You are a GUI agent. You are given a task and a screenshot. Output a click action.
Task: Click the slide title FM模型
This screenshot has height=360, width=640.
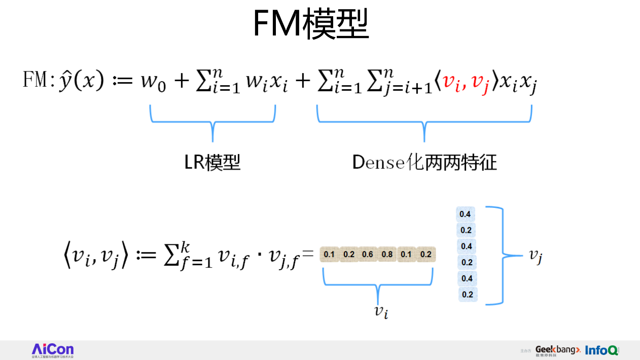310,24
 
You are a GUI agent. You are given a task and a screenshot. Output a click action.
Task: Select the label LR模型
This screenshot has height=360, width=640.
212,162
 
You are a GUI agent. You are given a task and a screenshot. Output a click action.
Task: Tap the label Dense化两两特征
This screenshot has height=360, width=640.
424,162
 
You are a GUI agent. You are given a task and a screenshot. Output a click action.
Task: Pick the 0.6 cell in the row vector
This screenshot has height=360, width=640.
368,254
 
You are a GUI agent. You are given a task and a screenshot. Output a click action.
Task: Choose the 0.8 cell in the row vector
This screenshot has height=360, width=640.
387,254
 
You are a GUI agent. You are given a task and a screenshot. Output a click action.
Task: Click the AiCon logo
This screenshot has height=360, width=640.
53,350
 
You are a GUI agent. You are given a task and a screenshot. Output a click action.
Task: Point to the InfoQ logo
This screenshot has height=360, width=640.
601,350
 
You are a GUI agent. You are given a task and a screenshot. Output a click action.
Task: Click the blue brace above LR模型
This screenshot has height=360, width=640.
212,122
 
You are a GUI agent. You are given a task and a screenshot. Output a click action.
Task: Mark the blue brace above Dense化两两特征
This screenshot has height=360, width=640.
424,122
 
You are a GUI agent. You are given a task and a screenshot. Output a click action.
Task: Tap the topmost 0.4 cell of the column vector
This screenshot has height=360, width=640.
465,214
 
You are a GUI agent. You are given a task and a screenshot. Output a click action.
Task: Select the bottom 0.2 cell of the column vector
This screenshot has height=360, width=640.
467,294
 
